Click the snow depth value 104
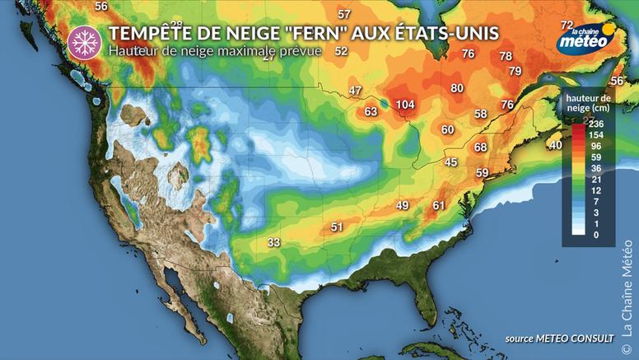pos(404,105)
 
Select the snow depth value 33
pos(274,242)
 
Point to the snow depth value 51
pos(337,227)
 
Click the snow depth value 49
pos(403,205)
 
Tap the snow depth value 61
pos(439,205)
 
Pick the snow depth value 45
pos(450,162)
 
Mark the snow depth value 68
pos(480,147)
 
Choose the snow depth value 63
pos(371,111)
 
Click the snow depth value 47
pos(355,90)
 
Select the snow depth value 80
pos(457,88)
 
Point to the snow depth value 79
pos(515,72)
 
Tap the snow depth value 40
pos(556,145)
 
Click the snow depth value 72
pos(567,26)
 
